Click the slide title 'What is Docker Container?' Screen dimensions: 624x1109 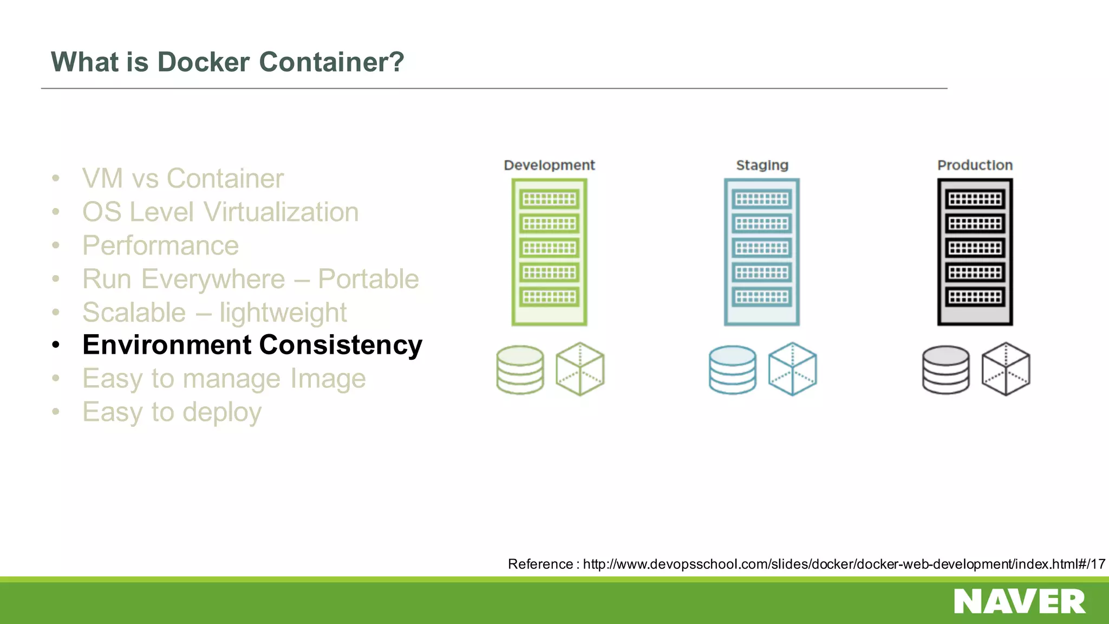click(x=227, y=62)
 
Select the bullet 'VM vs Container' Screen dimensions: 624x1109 click(x=182, y=178)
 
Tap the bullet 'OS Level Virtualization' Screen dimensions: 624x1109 click(x=220, y=212)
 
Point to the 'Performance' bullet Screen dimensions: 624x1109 click(x=160, y=245)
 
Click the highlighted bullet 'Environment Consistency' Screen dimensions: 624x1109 click(x=252, y=345)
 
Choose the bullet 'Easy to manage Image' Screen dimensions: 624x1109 click(x=224, y=379)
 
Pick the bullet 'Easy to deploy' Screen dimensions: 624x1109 click(x=172, y=412)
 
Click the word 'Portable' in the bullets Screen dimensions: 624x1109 click(x=368, y=279)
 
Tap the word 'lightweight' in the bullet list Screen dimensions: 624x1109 click(x=283, y=313)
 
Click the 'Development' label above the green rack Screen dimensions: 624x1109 click(x=549, y=165)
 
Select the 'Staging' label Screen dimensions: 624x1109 click(x=762, y=165)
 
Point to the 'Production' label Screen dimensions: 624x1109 click(x=975, y=165)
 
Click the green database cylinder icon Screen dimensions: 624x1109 click(x=520, y=369)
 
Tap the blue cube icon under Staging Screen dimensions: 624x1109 click(x=792, y=369)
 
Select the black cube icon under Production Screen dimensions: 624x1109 click(x=1006, y=369)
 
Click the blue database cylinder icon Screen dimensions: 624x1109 click(x=733, y=369)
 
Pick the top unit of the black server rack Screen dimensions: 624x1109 click(x=975, y=199)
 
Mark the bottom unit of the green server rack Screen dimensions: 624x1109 click(x=549, y=297)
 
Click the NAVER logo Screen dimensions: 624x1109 click(x=1020, y=602)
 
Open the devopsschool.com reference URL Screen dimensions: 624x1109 click(x=844, y=564)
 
